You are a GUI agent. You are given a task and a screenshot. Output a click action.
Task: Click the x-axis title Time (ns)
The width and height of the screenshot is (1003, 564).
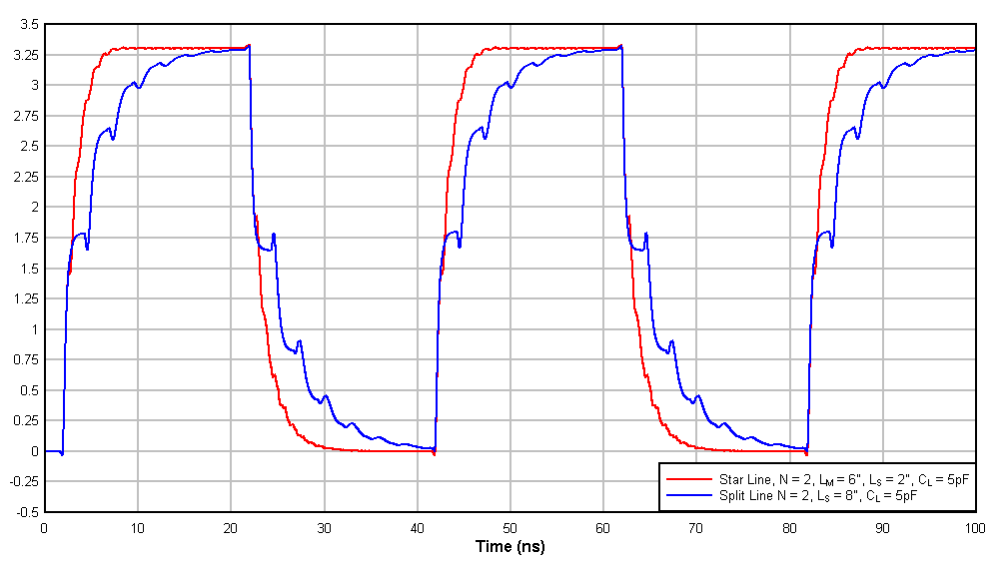(x=509, y=547)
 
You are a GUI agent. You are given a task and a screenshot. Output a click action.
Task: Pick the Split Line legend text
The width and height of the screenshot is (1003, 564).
(x=818, y=494)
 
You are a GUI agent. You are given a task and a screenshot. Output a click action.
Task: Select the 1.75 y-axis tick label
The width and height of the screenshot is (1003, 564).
(x=24, y=239)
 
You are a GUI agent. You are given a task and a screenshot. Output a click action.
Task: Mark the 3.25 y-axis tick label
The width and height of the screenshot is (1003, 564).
(x=24, y=55)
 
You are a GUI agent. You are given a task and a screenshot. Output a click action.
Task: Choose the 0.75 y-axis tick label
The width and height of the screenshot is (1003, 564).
(x=24, y=360)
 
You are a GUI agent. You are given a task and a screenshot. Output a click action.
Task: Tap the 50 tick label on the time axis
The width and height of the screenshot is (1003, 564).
(x=509, y=528)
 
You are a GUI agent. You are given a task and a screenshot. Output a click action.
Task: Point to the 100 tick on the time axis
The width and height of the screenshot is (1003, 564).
(x=975, y=528)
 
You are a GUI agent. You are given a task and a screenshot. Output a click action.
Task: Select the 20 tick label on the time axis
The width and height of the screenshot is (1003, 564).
(x=230, y=528)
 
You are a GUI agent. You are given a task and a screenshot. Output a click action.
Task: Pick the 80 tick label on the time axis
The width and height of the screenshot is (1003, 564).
(x=789, y=528)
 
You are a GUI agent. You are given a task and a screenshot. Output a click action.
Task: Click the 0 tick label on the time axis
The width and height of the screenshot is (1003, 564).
(x=44, y=528)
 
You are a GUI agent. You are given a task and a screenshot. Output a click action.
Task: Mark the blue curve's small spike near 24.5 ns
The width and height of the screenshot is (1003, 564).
(x=273, y=235)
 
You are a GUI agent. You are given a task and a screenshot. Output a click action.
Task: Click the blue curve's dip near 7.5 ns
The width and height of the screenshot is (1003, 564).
(x=113, y=138)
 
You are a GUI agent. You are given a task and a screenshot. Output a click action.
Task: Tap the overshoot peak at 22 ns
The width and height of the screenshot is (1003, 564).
(x=249, y=45)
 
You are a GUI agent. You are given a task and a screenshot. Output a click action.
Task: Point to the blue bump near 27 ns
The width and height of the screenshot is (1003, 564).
(x=299, y=341)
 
